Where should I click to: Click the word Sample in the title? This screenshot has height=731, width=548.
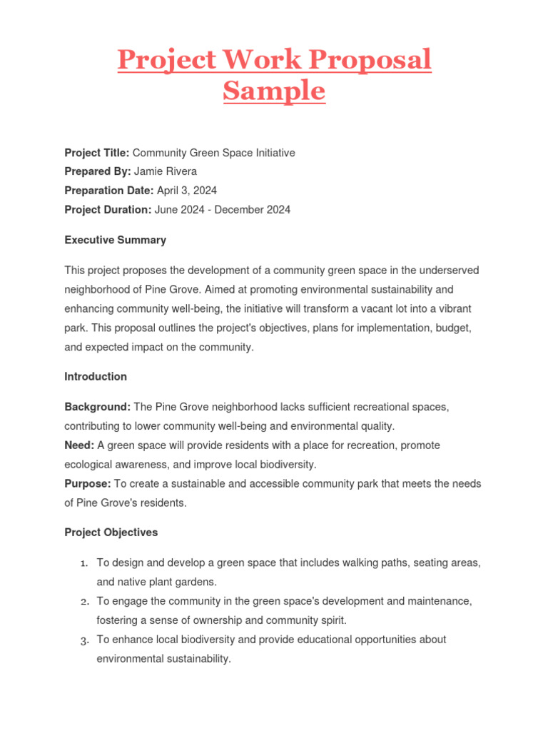[x=274, y=91]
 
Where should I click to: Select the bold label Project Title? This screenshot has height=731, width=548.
[x=97, y=153]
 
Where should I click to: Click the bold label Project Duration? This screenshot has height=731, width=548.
[x=108, y=210]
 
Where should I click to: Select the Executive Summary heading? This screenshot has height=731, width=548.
[x=115, y=240]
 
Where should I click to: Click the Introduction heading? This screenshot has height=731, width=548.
[x=96, y=376]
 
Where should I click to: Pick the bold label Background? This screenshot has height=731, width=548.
[x=98, y=407]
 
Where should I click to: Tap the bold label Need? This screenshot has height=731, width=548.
[x=79, y=445]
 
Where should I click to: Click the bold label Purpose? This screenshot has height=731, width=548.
[x=88, y=483]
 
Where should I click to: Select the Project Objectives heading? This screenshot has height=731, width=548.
[x=111, y=533]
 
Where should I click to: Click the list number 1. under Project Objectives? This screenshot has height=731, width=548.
[x=83, y=563]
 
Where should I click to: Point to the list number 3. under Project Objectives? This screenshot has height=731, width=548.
[x=83, y=640]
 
